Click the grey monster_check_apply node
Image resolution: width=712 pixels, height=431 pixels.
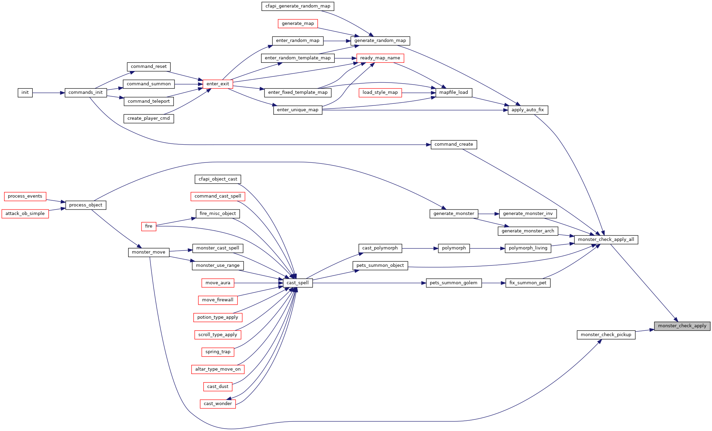[682, 326]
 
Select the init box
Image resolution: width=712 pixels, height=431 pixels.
[25, 92]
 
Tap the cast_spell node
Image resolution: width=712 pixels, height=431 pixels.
[298, 283]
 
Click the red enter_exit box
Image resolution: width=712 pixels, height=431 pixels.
[218, 84]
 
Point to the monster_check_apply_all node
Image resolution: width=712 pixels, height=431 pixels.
[606, 240]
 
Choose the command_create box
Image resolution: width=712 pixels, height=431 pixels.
[454, 144]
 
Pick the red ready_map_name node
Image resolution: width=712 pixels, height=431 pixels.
[380, 58]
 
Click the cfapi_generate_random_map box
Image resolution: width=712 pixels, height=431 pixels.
[298, 6]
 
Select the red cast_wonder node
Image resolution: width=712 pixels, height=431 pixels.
[218, 404]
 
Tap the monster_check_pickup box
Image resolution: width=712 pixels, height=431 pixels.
[606, 335]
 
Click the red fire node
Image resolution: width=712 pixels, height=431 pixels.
[149, 226]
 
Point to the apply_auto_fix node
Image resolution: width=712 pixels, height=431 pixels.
[528, 110]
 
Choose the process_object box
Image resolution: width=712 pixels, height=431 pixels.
[86, 205]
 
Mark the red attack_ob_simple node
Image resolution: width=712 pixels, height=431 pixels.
[25, 214]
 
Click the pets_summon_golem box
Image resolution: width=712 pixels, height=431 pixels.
[454, 283]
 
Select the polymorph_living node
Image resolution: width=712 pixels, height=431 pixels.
[528, 248]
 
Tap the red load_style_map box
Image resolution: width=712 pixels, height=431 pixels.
[380, 92]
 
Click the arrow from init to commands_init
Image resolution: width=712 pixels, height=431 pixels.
[49, 93]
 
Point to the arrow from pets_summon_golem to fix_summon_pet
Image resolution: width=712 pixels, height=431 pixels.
[494, 283]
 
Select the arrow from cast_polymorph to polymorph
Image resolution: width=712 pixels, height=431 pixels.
[420, 248]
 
